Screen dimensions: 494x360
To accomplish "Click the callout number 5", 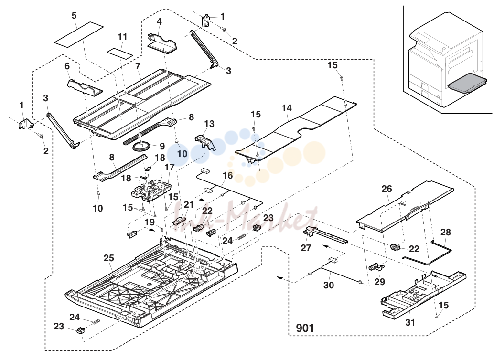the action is (74, 15).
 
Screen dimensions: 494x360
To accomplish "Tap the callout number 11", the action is (123, 37).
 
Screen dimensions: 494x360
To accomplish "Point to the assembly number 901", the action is (305, 328).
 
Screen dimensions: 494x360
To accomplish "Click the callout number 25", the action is (109, 258).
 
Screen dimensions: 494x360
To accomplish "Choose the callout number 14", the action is (287, 108).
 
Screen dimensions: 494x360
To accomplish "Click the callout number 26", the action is (387, 189).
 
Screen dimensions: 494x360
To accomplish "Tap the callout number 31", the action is (410, 322).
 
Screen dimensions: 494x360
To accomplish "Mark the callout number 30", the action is (329, 285).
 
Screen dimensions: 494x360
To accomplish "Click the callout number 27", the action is (306, 248).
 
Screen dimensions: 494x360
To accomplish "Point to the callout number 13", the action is (209, 124).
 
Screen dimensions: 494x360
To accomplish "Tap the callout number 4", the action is (159, 21).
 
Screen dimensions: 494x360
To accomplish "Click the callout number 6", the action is (67, 66).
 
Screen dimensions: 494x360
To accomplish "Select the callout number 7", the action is (138, 66).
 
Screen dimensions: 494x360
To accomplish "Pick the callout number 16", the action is (227, 175).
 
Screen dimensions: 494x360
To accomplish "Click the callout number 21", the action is (189, 205).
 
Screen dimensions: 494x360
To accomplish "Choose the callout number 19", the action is (150, 222).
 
